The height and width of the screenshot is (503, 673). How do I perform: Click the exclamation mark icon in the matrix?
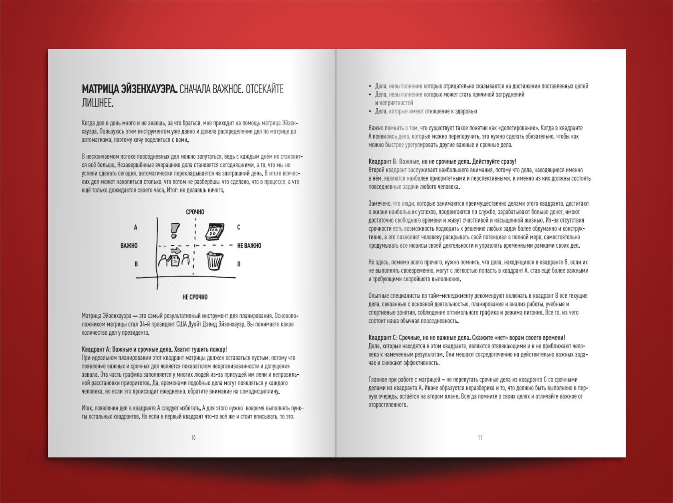pyautogui.click(x=175, y=230)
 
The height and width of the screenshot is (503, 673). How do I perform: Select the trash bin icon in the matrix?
pyautogui.click(x=214, y=261)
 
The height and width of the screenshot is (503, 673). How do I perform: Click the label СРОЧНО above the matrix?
pyautogui.click(x=195, y=212)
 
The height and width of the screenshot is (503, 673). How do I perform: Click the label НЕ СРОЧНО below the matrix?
pyautogui.click(x=195, y=297)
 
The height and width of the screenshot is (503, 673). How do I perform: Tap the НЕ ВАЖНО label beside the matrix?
pyautogui.click(x=249, y=246)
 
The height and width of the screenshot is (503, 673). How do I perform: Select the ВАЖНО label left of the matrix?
pyautogui.click(x=129, y=246)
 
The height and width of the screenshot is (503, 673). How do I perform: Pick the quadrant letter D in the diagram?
pyautogui.click(x=239, y=264)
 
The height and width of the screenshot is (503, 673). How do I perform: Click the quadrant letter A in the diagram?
pyautogui.click(x=135, y=227)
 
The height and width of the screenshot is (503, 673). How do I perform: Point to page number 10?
pyautogui.click(x=193, y=437)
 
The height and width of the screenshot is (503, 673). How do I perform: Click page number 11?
pyautogui.click(x=480, y=437)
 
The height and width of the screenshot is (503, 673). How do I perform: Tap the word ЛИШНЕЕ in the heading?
pyautogui.click(x=98, y=103)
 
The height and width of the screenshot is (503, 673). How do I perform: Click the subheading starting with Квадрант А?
pyautogui.click(x=154, y=349)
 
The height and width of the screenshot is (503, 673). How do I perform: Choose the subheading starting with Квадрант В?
pyautogui.click(x=442, y=162)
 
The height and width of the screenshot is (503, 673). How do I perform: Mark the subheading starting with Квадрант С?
pyautogui.click(x=467, y=337)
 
